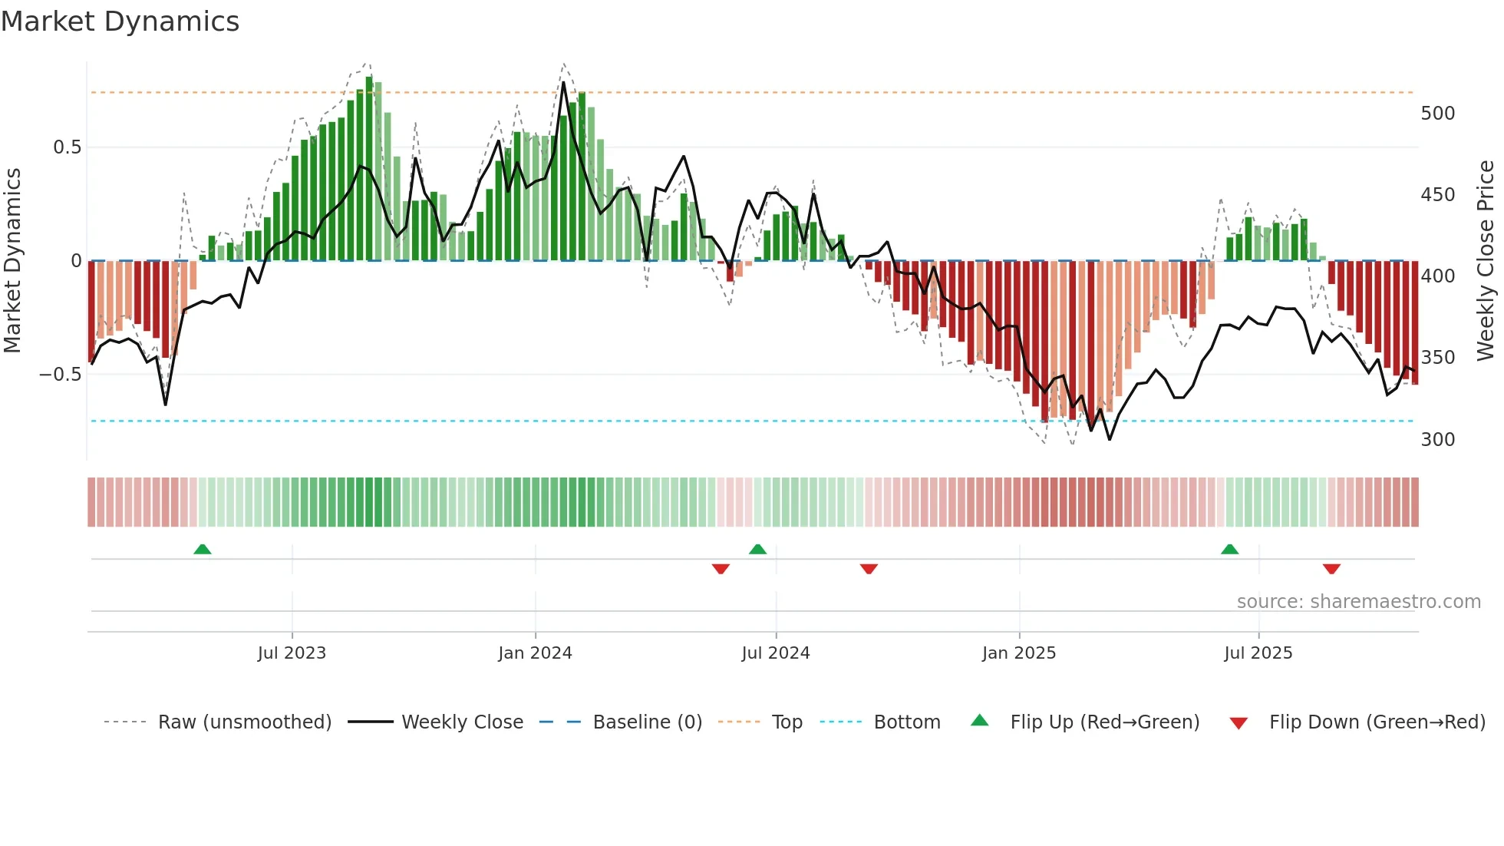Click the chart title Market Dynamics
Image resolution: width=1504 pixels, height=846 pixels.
pyautogui.click(x=120, y=21)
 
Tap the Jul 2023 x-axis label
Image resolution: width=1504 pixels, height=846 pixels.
pyautogui.click(x=292, y=653)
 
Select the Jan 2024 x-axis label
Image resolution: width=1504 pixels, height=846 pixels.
pyautogui.click(x=535, y=653)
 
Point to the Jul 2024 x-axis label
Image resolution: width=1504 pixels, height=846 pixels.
pyautogui.click(x=775, y=653)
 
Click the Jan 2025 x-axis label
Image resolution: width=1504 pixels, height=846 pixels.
pyautogui.click(x=1018, y=653)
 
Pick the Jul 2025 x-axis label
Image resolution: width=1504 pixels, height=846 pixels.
pyautogui.click(x=1258, y=653)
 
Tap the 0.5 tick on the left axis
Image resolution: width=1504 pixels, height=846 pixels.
pyautogui.click(x=67, y=147)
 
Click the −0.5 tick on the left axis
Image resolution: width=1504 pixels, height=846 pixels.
pyautogui.click(x=61, y=375)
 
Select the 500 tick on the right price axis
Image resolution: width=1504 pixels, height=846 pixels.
pyautogui.click(x=1437, y=114)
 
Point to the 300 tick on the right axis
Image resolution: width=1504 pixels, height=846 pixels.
pyautogui.click(x=1437, y=440)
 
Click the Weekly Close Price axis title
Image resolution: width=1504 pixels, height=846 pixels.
pyautogui.click(x=1486, y=261)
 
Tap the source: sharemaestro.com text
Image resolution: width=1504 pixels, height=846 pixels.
pyautogui.click(x=1358, y=602)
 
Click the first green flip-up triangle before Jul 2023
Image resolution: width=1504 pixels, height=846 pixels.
pyautogui.click(x=203, y=550)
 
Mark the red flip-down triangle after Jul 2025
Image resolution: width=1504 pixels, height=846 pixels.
pyautogui.click(x=1331, y=569)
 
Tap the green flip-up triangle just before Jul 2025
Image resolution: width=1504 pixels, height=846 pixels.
pyautogui.click(x=1229, y=550)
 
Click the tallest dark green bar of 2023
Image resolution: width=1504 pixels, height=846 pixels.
pyautogui.click(x=369, y=169)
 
